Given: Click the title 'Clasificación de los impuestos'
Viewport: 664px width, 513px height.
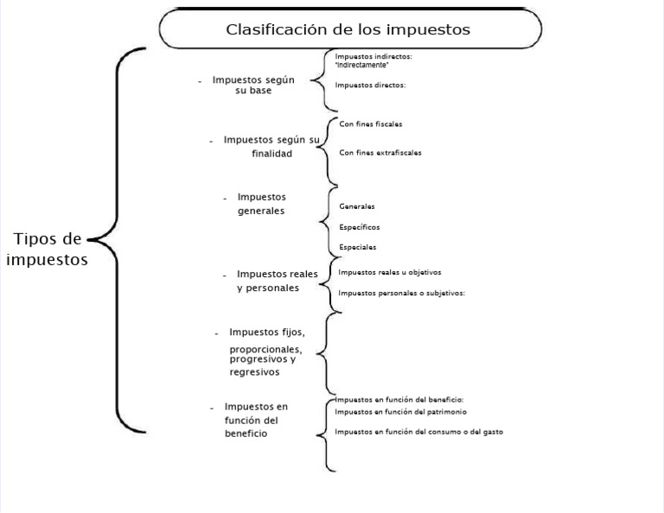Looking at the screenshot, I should (348, 29).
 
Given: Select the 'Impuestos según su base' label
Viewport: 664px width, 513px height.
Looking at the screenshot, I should (253, 85).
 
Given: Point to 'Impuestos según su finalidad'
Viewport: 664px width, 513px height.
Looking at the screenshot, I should (271, 146).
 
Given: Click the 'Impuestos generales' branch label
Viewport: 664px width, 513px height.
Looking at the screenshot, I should (261, 204).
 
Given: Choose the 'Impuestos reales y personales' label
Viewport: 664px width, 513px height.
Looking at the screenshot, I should (277, 281).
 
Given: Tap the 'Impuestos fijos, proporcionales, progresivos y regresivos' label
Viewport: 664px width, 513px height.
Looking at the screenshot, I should (266, 351).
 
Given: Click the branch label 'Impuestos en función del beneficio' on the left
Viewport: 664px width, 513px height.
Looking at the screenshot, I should (255, 420).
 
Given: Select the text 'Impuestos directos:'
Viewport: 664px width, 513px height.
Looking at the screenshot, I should (370, 85).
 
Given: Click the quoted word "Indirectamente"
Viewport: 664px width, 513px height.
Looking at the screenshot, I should (362, 65).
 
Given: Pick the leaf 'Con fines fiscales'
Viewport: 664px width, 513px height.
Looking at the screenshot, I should (370, 124).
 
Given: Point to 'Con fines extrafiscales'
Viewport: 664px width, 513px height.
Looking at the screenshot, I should (380, 152).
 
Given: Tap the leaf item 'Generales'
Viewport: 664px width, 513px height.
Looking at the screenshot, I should (357, 206).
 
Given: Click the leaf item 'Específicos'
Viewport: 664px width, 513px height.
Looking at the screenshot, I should (360, 227).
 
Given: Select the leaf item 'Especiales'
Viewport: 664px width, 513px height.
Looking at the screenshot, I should (358, 247).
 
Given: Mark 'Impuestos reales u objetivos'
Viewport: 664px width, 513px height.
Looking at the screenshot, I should (390, 272).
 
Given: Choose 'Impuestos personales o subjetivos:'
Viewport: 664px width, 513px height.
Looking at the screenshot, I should (402, 293).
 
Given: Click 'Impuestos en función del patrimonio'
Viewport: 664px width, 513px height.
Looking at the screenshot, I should (400, 412).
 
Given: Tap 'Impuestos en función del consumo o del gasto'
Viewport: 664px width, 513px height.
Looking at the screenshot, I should (418, 431).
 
